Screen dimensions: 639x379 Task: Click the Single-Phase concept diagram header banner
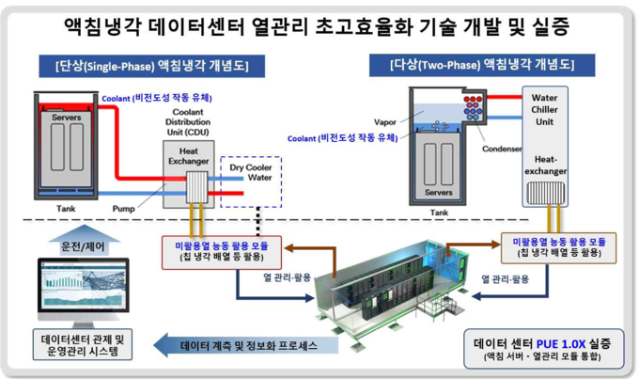point(151,66)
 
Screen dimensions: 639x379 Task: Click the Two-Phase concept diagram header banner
point(482,65)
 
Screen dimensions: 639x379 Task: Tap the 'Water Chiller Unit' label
point(544,110)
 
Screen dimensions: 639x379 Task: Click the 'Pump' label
point(123,209)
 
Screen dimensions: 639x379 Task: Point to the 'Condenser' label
point(502,149)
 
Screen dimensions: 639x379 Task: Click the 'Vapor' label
point(384,122)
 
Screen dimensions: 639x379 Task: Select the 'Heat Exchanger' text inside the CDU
point(188,156)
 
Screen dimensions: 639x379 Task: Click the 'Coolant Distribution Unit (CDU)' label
point(188,122)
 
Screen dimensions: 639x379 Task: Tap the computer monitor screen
point(84,286)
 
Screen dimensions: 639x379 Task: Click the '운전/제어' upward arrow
point(83,241)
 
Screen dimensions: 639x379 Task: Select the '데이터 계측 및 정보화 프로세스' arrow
point(246,345)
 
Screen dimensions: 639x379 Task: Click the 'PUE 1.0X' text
point(561,344)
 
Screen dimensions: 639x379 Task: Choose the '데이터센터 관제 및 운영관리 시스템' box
point(83,345)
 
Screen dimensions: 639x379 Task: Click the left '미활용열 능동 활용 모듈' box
point(222,253)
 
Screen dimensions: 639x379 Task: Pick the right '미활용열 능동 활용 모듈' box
point(559,248)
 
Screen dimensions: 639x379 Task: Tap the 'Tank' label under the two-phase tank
point(439,213)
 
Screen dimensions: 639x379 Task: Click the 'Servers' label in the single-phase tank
point(66,118)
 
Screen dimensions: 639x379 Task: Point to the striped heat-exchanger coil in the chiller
point(545,193)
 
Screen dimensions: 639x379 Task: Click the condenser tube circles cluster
point(473,108)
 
